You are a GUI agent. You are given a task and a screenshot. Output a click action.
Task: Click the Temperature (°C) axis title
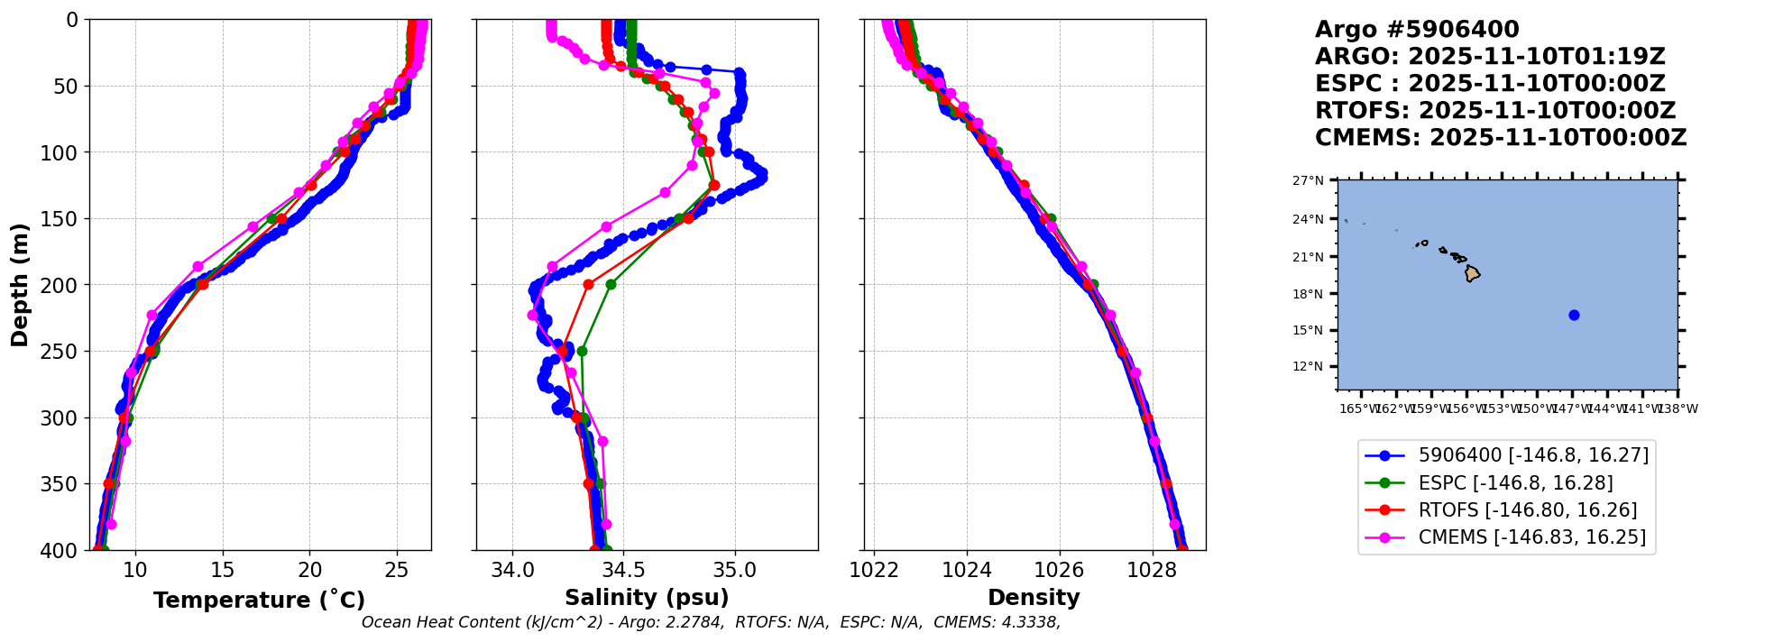pyautogui.click(x=259, y=601)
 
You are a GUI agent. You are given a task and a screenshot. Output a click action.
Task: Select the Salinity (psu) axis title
pyautogui.click(x=647, y=598)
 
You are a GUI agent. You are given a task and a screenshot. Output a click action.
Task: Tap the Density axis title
pyautogui.click(x=1034, y=598)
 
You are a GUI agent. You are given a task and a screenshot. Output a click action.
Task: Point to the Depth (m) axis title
pyautogui.click(x=20, y=285)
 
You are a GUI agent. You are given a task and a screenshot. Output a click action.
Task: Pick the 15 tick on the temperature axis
pyautogui.click(x=222, y=570)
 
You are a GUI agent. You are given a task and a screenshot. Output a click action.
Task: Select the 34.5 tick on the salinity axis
pyautogui.click(x=623, y=570)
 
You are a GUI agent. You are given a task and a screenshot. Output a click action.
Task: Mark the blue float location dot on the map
pyautogui.click(x=1574, y=315)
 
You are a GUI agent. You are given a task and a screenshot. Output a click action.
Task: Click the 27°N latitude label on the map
pyautogui.click(x=1308, y=181)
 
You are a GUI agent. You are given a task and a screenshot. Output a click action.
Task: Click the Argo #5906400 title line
pyautogui.click(x=1416, y=30)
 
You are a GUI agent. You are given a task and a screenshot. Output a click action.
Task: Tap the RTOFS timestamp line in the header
pyautogui.click(x=1494, y=111)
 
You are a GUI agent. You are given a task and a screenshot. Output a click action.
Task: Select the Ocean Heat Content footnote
pyautogui.click(x=711, y=622)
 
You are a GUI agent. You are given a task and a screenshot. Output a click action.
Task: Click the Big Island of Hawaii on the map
pyautogui.click(x=1472, y=273)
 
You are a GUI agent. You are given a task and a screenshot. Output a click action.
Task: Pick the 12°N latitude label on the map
pyautogui.click(x=1308, y=367)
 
